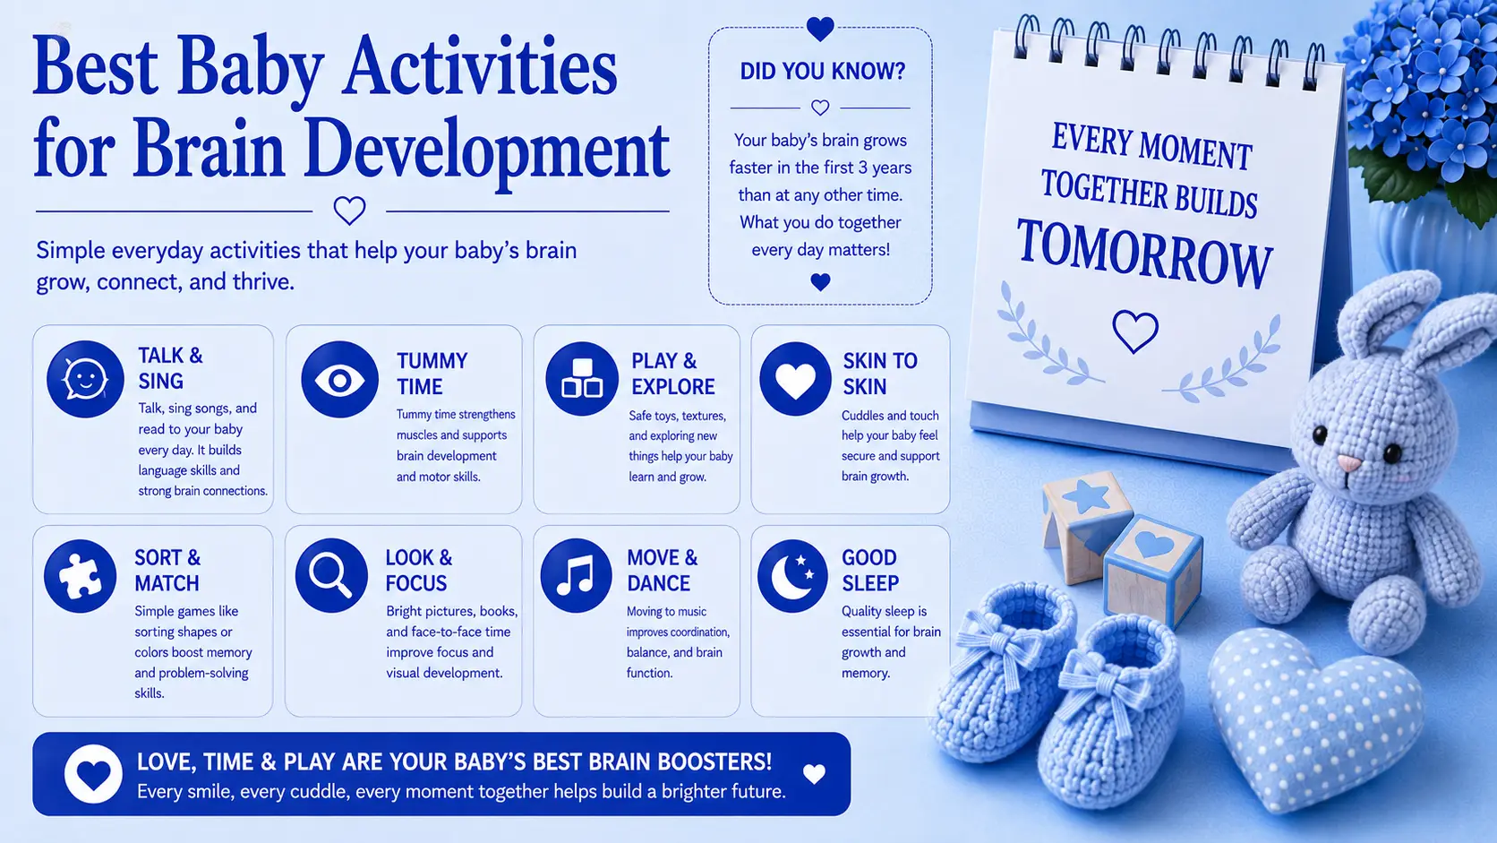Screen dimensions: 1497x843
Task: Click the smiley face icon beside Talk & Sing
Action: click(85, 379)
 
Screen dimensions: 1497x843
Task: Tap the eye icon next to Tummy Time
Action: click(339, 379)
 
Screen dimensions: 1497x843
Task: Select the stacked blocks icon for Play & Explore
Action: click(581, 378)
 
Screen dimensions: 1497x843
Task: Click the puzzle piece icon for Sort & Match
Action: click(80, 576)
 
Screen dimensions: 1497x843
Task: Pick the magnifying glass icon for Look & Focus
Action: click(330, 575)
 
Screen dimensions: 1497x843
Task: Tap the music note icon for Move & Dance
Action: click(576, 575)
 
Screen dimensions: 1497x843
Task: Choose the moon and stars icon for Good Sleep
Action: click(792, 576)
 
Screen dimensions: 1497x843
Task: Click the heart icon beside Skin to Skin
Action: click(795, 378)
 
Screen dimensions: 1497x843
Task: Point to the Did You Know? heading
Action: click(822, 71)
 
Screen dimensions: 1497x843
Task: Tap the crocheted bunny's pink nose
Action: click(1348, 462)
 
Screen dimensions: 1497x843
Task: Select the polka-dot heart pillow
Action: click(1314, 718)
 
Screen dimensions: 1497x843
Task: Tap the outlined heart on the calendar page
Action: click(1134, 331)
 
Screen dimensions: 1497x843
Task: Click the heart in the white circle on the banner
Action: click(93, 774)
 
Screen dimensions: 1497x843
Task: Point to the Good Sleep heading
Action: click(869, 571)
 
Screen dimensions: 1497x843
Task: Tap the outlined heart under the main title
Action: click(349, 211)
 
